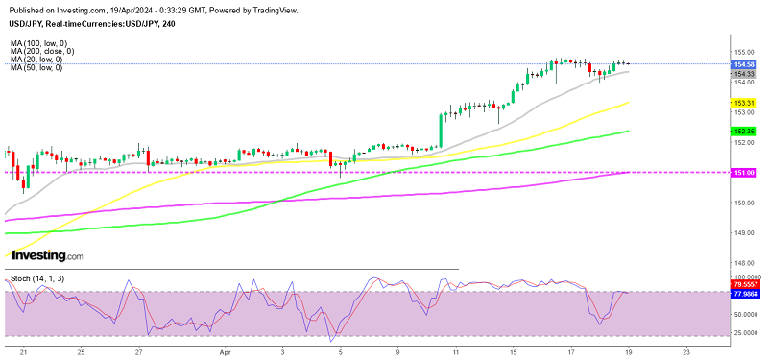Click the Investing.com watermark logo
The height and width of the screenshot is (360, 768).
[x=46, y=256]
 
